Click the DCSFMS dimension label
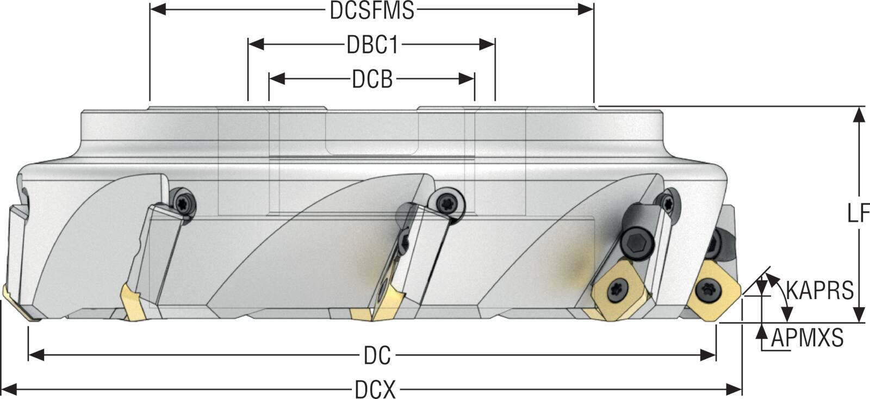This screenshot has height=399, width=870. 372,10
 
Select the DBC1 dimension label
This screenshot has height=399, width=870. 372,45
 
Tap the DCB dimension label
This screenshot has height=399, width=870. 372,79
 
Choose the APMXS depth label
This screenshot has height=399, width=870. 807,338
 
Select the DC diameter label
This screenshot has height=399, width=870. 377,356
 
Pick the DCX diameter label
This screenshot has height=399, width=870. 375,389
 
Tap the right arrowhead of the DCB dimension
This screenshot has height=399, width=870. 467,79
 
